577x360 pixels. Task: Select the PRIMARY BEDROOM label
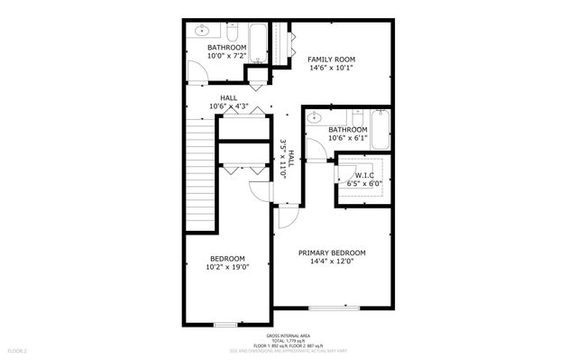click(332, 253)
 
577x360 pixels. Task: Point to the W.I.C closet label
click(364, 175)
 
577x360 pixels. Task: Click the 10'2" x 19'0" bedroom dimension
click(227, 266)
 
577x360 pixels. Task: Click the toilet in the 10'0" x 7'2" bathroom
click(232, 34)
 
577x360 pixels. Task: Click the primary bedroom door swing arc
click(288, 217)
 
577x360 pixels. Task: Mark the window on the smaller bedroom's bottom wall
click(224, 323)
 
